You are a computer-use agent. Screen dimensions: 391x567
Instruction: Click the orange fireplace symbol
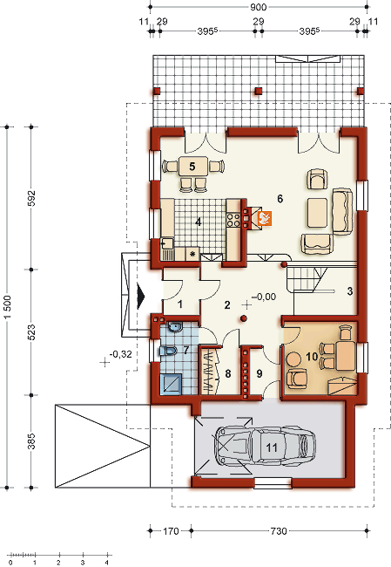(x=264, y=218)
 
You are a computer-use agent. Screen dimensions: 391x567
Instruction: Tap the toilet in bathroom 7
(x=167, y=351)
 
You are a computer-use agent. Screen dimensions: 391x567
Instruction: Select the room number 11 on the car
(x=272, y=447)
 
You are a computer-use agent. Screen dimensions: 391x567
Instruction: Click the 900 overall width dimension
(x=258, y=7)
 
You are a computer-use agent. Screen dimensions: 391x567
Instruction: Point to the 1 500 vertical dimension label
(x=8, y=307)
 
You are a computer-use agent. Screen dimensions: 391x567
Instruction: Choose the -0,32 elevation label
(x=121, y=354)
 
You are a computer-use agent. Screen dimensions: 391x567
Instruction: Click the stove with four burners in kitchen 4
(x=233, y=220)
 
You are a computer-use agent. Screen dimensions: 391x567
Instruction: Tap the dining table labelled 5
(x=192, y=167)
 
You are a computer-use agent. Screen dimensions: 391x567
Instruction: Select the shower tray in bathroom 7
(x=171, y=384)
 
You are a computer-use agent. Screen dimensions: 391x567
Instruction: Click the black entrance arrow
(x=141, y=297)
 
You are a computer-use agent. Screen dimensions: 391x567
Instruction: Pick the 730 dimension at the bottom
(x=279, y=531)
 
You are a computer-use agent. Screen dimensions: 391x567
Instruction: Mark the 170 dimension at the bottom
(x=171, y=531)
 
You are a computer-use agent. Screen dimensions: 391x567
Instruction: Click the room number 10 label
(x=312, y=357)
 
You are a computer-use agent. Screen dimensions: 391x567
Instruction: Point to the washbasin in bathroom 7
(x=175, y=327)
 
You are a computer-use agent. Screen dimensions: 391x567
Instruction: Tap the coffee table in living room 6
(x=317, y=213)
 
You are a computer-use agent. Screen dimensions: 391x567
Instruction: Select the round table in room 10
(x=293, y=359)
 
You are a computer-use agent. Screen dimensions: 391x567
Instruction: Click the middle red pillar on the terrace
(x=258, y=91)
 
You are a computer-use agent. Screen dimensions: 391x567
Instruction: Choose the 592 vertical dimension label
(x=31, y=198)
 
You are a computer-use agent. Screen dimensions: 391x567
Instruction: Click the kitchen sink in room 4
(x=167, y=243)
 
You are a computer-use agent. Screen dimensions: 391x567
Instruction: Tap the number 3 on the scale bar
(x=83, y=563)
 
